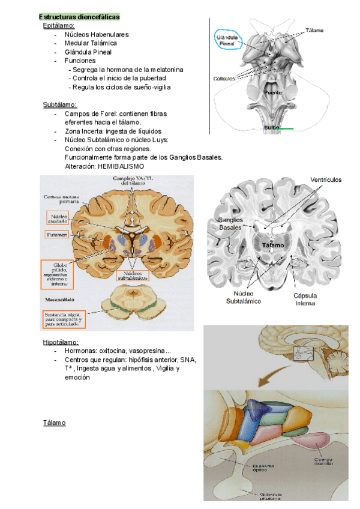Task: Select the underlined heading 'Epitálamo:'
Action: coord(59,26)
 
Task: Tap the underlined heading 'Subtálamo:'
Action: coord(60,104)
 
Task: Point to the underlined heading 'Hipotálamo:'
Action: coord(61,342)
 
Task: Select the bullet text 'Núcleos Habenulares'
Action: coord(97,35)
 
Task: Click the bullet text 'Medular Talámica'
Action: coord(91,43)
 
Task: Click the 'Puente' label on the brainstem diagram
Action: coord(273,93)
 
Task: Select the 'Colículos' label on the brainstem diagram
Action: coord(224,79)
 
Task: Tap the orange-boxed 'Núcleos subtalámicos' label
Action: coord(133,274)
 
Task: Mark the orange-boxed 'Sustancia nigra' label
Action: coord(63,318)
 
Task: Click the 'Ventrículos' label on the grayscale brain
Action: coord(326,179)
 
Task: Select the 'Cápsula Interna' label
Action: coord(305,299)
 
